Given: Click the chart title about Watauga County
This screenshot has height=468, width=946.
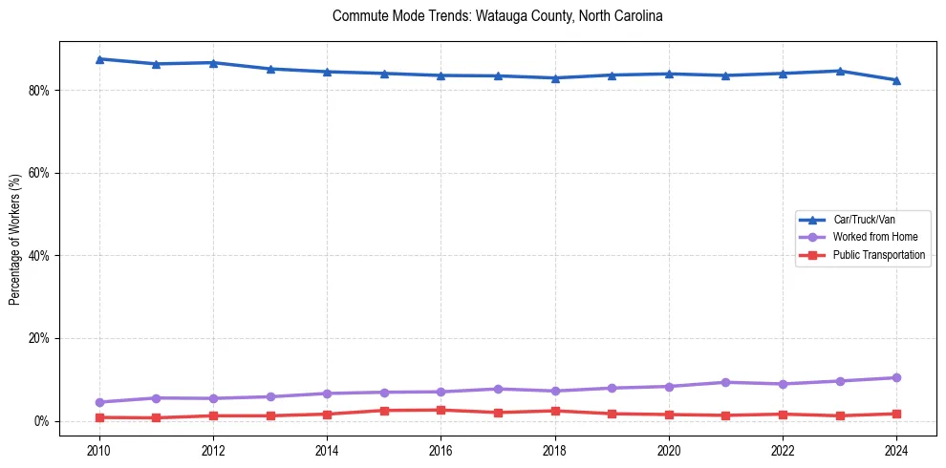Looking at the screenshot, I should click(x=497, y=16).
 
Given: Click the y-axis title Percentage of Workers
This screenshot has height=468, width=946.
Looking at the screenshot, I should click(x=15, y=239).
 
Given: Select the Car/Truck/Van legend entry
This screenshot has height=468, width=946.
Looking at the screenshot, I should click(x=864, y=220).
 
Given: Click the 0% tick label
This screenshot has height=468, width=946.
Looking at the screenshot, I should click(x=41, y=421).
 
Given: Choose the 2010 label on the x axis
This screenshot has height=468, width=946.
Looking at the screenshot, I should click(x=99, y=450).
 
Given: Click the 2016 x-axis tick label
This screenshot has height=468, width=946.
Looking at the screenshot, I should click(x=441, y=450).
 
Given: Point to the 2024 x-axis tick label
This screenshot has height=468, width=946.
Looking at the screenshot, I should click(x=895, y=450).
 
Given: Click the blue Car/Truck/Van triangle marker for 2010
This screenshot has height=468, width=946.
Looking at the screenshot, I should click(x=99, y=59).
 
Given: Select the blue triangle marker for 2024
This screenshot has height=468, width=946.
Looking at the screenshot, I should click(x=895, y=80).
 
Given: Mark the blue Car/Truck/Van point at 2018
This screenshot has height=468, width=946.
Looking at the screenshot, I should click(x=554, y=78).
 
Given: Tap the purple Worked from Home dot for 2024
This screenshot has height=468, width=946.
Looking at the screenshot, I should click(x=895, y=378).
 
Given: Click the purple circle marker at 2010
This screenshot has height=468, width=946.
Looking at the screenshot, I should click(x=99, y=402).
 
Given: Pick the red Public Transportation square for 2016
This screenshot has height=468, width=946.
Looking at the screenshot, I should click(x=441, y=410).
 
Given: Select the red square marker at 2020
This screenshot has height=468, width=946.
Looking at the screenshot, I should click(x=668, y=415).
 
